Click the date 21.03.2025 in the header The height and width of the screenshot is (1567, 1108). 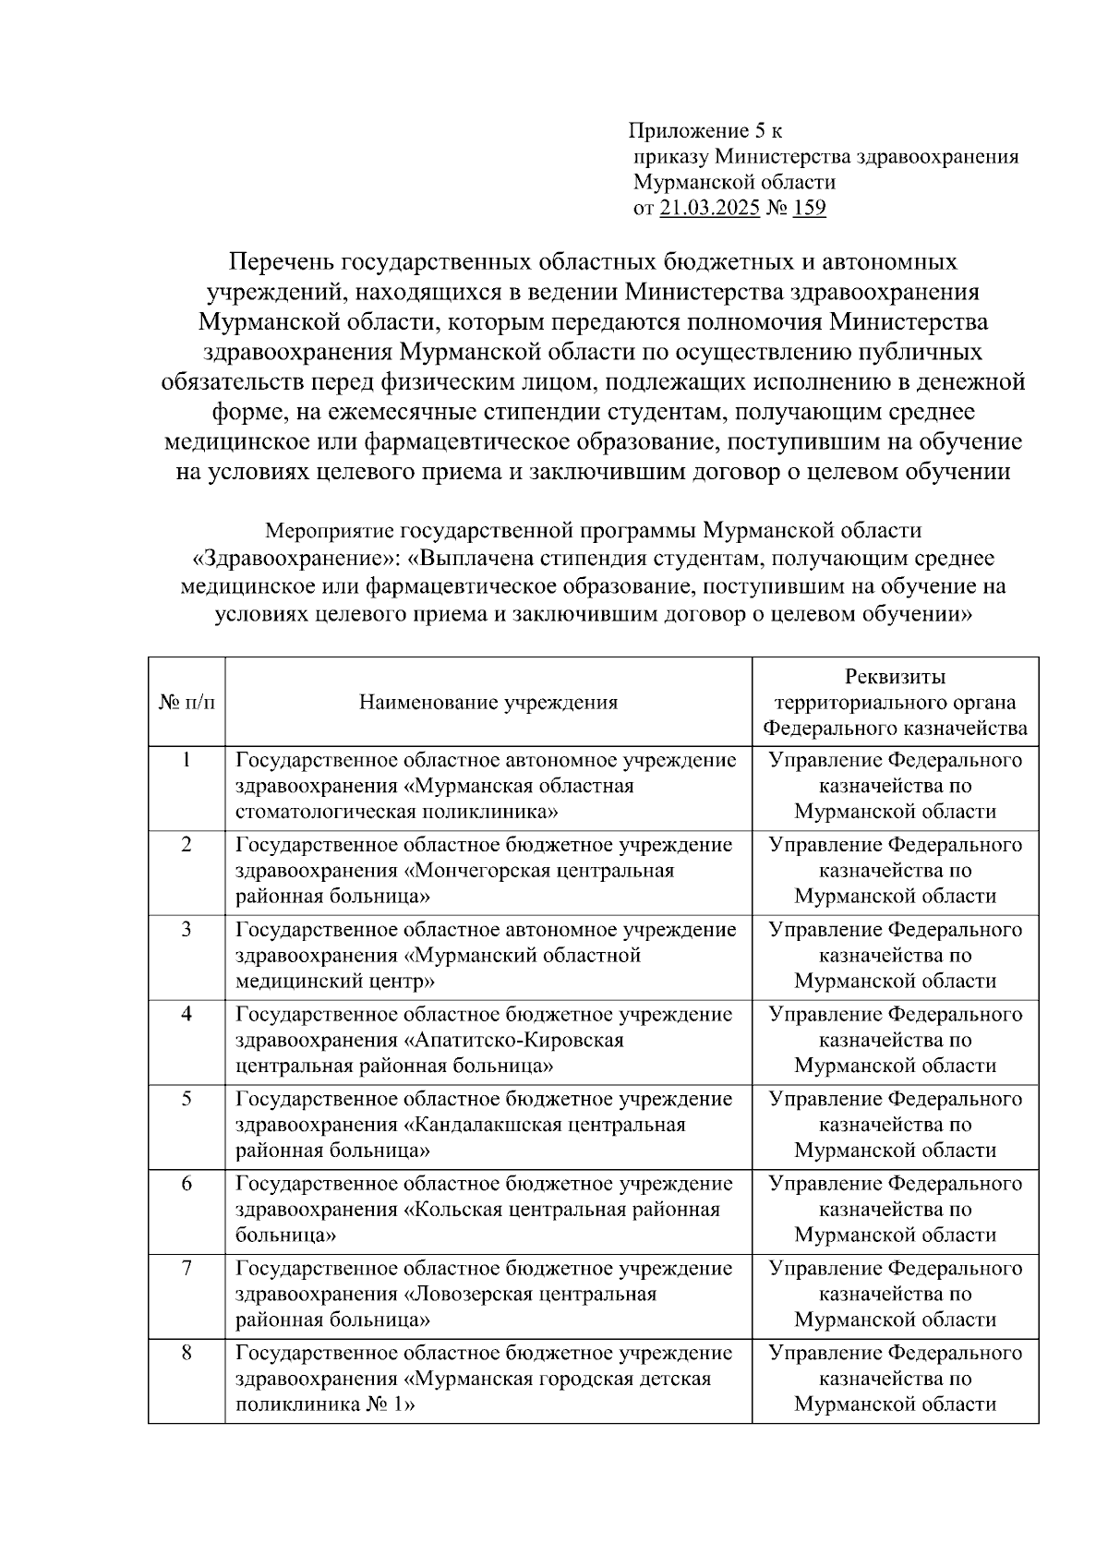(709, 208)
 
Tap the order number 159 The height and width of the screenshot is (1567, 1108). (809, 208)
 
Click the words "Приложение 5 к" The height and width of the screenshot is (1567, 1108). (706, 130)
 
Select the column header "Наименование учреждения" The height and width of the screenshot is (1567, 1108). (488, 703)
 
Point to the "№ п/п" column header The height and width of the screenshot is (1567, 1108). (187, 703)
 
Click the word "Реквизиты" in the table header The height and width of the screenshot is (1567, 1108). (895, 677)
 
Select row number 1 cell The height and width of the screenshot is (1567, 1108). (187, 760)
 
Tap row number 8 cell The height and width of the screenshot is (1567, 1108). (187, 1354)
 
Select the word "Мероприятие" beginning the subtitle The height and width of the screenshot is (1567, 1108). (329, 531)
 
